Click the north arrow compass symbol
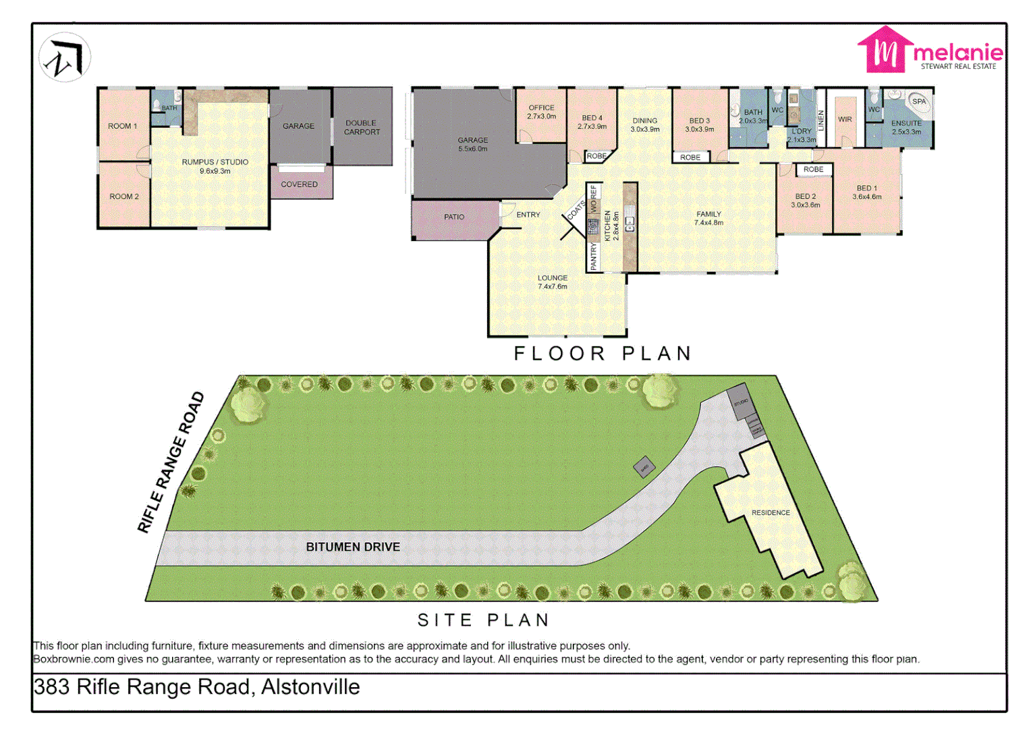(x=65, y=58)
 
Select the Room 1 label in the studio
(x=122, y=126)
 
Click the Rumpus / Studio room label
(x=215, y=166)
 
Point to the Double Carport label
(x=362, y=128)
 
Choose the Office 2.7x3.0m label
(x=541, y=112)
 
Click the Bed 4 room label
(x=592, y=122)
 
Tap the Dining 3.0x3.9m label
(x=644, y=125)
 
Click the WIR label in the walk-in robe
(x=845, y=119)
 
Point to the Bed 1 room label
(x=866, y=192)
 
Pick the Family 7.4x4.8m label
(x=708, y=218)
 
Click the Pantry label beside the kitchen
(x=594, y=257)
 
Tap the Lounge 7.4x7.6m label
(x=552, y=282)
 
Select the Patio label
(x=453, y=217)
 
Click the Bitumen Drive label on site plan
(x=352, y=547)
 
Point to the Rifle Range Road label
(x=171, y=462)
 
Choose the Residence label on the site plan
(x=770, y=513)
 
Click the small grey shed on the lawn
(x=644, y=467)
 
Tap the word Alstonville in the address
(x=310, y=687)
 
